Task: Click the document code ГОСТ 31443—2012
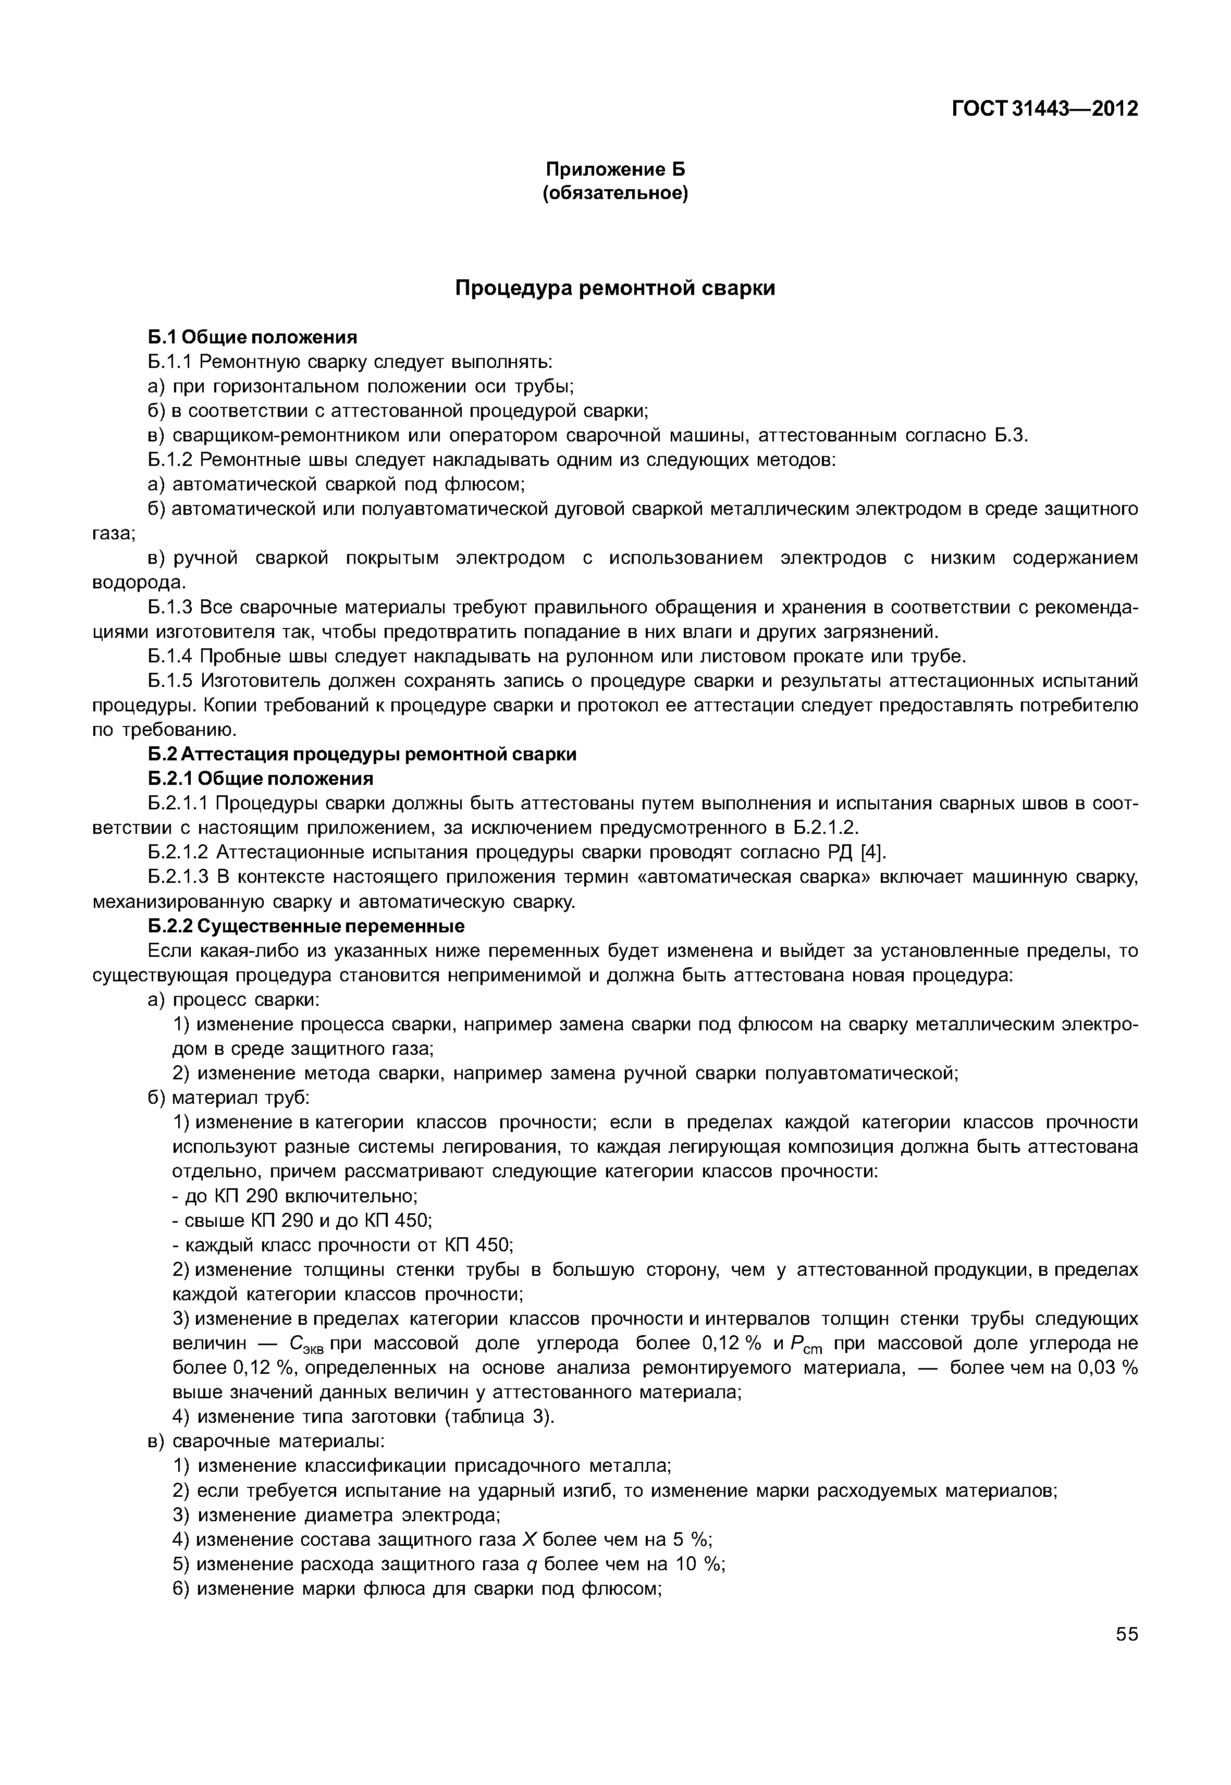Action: pos(1044,109)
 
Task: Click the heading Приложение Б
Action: pos(615,169)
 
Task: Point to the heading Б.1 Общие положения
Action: pos(253,337)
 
